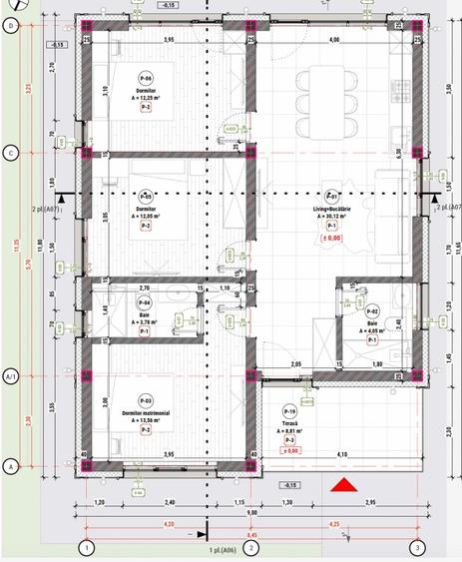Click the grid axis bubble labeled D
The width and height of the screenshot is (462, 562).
click(x=11, y=26)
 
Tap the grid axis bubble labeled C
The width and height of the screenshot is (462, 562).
click(x=11, y=152)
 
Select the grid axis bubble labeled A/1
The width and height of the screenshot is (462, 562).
click(x=11, y=376)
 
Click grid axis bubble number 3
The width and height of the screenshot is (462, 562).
click(x=418, y=547)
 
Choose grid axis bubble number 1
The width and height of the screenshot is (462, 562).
click(x=87, y=547)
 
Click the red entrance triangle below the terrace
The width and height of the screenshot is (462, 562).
click(x=344, y=485)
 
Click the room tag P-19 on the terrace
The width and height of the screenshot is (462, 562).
click(x=291, y=411)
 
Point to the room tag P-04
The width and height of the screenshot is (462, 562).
click(x=144, y=302)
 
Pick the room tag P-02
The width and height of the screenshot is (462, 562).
click(x=371, y=311)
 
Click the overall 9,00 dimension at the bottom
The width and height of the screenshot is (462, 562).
click(x=251, y=512)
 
